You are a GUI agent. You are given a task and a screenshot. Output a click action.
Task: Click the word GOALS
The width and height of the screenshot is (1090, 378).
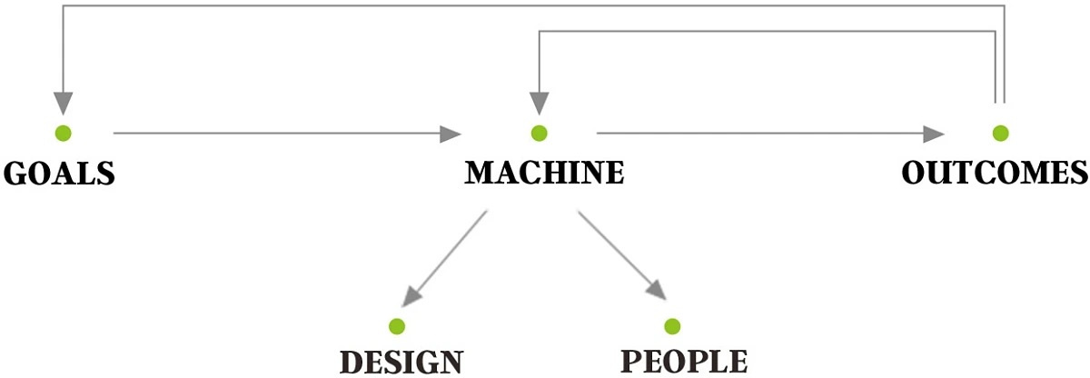[x=60, y=173]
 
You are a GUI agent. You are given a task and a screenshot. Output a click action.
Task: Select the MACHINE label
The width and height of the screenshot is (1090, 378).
[x=544, y=173]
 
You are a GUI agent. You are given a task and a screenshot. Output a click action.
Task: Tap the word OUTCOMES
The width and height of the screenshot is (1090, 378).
[x=995, y=173]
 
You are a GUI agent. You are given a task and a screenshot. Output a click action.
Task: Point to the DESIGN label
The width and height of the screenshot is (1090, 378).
[x=401, y=362]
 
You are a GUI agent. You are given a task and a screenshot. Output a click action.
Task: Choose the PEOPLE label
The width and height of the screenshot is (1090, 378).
[x=684, y=361]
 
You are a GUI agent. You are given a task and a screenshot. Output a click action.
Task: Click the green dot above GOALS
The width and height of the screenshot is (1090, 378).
[x=63, y=134]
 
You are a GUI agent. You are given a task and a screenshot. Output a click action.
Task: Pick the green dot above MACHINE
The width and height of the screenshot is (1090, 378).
[x=540, y=134]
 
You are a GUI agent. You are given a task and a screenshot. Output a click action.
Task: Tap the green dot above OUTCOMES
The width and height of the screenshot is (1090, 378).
[x=1000, y=134]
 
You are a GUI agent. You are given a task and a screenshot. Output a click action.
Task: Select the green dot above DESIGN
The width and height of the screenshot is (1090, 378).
[x=396, y=326]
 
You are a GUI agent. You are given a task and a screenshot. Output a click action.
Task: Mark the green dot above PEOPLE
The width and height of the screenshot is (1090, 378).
[x=672, y=326]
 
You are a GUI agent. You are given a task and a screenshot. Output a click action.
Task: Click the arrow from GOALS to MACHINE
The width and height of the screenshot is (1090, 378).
[x=282, y=134]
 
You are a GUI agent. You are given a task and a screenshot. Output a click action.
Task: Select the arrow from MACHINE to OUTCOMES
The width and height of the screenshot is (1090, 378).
[x=763, y=134]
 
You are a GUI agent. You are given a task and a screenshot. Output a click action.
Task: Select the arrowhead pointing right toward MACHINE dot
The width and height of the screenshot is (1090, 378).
[x=451, y=134]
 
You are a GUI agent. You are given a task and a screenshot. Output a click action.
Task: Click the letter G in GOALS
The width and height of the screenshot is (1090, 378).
[x=15, y=173]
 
